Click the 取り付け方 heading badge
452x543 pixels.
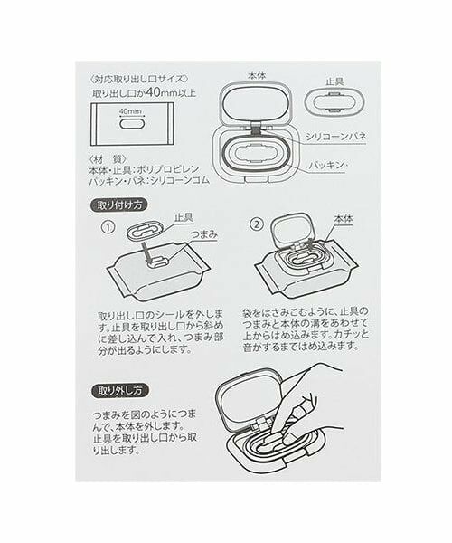pos(119,205)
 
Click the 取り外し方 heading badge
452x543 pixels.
pos(119,391)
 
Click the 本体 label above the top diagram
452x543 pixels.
pos(256,78)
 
